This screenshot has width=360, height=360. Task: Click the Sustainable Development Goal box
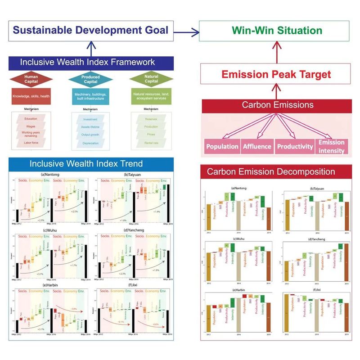coord(91,31)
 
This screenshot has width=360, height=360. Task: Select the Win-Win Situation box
coord(277,31)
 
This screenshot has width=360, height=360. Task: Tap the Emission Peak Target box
coord(277,74)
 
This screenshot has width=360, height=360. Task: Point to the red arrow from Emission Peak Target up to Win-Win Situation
coord(277,52)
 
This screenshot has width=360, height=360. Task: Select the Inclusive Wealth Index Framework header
coord(91,62)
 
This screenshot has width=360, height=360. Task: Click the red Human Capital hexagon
coord(31,79)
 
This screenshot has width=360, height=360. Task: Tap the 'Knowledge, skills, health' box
coord(31,96)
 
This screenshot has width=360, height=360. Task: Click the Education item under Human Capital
coord(31,119)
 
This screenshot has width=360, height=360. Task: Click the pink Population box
coord(222,146)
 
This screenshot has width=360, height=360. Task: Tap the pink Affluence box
coord(257,146)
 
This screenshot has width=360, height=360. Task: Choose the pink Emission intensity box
coord(331,146)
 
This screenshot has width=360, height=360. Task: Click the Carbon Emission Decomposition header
coord(277,171)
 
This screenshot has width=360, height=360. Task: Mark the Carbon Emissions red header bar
coord(277,105)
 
